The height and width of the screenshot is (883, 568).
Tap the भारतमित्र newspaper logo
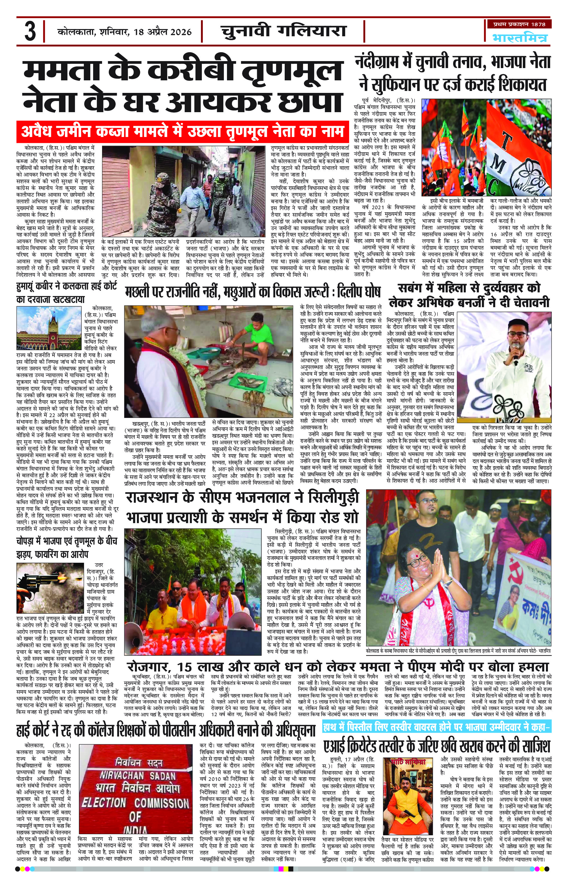point(520,38)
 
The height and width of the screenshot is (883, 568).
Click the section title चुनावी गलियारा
point(284,31)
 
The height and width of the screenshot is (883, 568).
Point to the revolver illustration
point(35,578)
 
